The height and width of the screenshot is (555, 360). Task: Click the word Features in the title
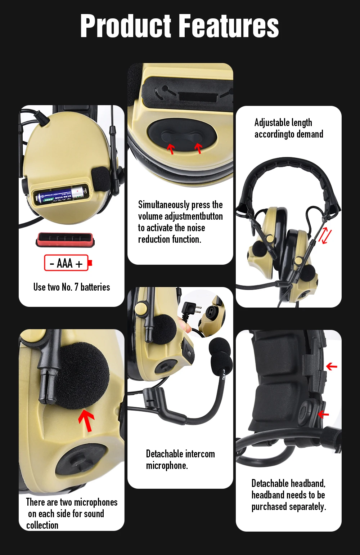(x=229, y=26)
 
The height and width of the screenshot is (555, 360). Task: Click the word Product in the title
(x=126, y=26)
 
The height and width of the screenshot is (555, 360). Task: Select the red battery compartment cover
(x=65, y=240)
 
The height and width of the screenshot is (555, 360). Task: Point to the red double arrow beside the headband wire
(x=325, y=236)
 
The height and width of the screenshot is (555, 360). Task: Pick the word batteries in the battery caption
(x=95, y=287)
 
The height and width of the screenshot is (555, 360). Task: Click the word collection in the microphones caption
(x=42, y=525)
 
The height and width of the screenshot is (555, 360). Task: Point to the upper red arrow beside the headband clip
(x=332, y=366)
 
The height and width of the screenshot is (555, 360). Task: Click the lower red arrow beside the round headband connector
(x=323, y=414)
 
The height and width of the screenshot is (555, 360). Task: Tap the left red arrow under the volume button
(x=171, y=148)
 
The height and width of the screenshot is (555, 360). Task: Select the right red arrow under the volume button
(x=198, y=148)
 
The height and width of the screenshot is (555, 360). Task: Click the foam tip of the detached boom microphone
(x=221, y=354)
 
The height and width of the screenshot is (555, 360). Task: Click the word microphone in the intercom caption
(x=167, y=466)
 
